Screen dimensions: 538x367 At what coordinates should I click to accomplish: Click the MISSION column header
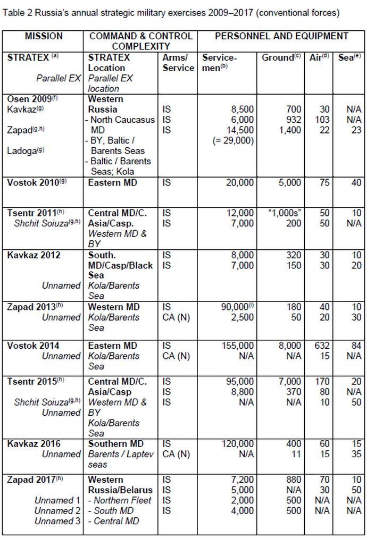pyautogui.click(x=44, y=36)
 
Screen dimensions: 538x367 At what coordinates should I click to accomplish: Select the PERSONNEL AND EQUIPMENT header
pyautogui.click(x=281, y=36)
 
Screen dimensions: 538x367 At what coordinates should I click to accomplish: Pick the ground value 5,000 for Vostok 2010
pyautogui.click(x=289, y=182)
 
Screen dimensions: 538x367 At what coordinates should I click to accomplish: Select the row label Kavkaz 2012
pyautogui.click(x=34, y=255)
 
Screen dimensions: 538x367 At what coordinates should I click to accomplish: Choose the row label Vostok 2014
pyautogui.click(x=33, y=346)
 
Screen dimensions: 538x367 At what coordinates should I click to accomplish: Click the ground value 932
pyautogui.click(x=293, y=120)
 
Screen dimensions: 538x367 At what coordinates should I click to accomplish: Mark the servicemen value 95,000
pyautogui.click(x=238, y=382)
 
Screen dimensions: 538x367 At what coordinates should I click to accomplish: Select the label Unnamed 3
pyautogui.click(x=58, y=521)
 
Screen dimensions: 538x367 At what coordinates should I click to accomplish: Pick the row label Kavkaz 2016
pyautogui.click(x=34, y=444)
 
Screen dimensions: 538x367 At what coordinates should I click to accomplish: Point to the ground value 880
pyautogui.click(x=293, y=480)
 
